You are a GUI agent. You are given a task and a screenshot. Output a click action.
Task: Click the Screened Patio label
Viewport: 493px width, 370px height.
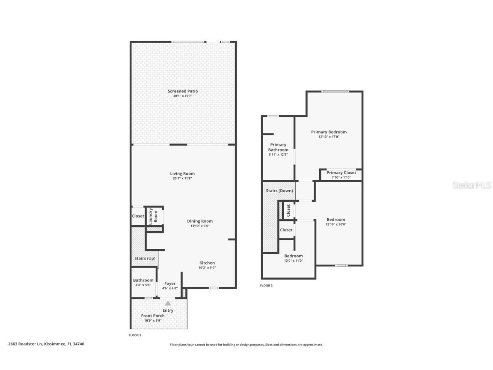pos(183,91)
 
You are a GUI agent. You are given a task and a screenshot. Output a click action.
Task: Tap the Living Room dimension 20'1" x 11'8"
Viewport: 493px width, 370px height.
pos(182,179)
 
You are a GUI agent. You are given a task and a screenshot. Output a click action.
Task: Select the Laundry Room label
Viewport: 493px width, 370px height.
pos(153,216)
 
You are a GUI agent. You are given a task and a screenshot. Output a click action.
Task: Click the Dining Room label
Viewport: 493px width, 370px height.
pos(200,221)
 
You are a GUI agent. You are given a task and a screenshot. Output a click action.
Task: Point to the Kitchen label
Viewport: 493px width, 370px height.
pos(207,263)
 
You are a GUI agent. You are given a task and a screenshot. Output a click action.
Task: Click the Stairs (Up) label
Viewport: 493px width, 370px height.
pos(145,258)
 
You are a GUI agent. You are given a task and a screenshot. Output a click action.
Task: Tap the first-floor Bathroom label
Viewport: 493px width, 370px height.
pos(143,280)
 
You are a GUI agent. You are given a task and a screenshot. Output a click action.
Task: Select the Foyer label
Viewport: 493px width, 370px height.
pos(170,283)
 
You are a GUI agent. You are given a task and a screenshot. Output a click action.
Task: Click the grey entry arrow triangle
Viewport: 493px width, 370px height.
pos(168,303)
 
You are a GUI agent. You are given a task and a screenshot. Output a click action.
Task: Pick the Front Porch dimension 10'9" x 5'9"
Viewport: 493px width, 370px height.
pos(153,321)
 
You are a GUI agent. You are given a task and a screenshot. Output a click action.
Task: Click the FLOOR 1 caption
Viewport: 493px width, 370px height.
pos(135,335)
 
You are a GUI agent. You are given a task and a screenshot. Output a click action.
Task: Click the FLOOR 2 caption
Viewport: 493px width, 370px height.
pos(266,286)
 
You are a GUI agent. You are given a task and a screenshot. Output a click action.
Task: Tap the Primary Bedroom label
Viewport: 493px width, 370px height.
pos(329,132)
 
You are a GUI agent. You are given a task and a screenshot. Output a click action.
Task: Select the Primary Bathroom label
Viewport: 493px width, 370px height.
pos(278,147)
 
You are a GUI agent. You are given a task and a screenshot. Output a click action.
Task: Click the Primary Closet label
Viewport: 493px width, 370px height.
pos(341,173)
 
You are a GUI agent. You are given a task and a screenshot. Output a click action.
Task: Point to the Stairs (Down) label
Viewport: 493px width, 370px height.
pos(279,191)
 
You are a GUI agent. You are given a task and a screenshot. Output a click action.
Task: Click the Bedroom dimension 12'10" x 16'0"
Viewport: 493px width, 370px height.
pos(336,224)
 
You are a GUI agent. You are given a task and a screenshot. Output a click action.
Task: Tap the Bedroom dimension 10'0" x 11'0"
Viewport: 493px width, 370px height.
pos(293,261)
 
